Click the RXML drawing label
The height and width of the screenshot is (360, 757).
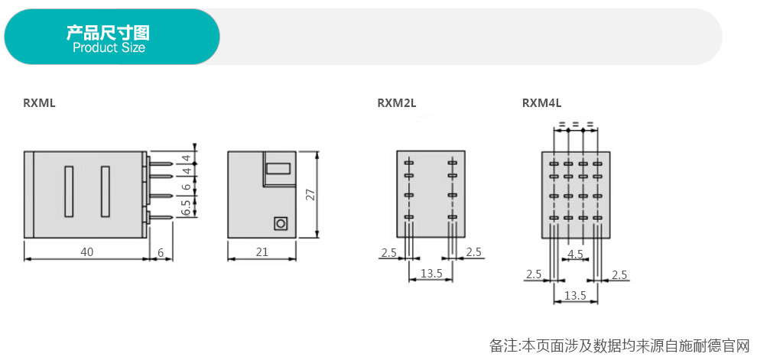39,103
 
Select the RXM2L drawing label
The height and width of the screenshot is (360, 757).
396,103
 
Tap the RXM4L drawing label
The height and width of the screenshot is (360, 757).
541,103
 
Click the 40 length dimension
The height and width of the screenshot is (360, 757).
87,252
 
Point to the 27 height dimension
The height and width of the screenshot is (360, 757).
310,194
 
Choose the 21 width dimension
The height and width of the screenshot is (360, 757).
262,252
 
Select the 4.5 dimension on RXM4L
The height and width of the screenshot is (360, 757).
576,255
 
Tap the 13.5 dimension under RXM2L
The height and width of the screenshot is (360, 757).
431,273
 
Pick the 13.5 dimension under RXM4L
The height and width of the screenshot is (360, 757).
576,295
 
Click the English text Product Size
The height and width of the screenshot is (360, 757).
109,48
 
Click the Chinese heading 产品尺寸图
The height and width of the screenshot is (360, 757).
108,32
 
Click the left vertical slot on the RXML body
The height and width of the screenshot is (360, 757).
69,191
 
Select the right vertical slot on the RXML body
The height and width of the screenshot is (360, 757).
106,191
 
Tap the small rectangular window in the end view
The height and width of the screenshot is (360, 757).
278,169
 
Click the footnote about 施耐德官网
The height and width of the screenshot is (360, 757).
621,345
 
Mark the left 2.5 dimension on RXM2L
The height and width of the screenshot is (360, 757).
389,252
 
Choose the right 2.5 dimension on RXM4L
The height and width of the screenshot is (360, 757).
619,274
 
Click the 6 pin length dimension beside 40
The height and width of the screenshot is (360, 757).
161,252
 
